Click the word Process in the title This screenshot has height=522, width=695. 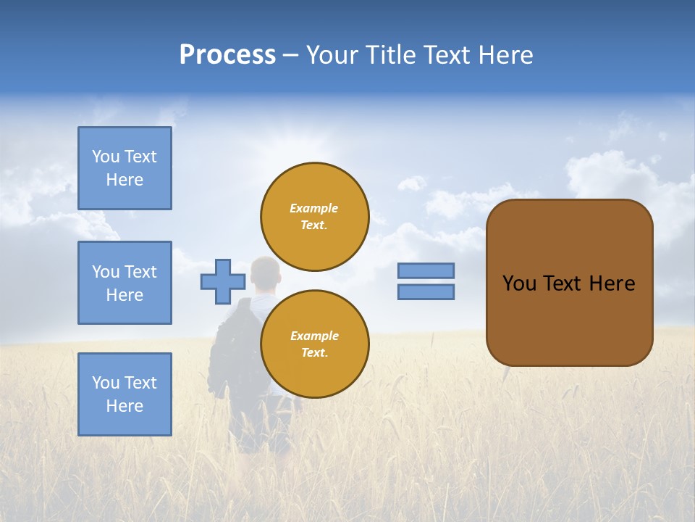pos(227,55)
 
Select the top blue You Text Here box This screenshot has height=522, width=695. pos(125,168)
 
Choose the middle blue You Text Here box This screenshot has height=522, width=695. pos(125,283)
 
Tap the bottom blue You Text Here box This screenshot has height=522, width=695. pos(125,394)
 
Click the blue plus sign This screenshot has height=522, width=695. pos(223,281)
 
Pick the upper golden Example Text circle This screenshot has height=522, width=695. pos(315,217)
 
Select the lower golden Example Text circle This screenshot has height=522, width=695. pos(315,344)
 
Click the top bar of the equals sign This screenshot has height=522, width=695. pos(426,270)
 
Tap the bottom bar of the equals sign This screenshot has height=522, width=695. pos(426,292)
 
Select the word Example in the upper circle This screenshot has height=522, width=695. pos(314,208)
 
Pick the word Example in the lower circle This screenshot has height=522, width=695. pos(314,336)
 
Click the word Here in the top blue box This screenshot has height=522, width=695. pos(125,180)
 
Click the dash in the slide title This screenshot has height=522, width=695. pos(290,55)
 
